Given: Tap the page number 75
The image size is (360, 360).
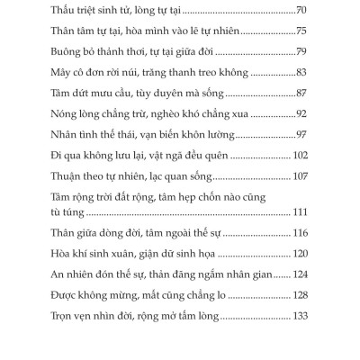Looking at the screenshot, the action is (302, 31).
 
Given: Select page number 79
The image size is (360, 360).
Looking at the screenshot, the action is (302, 52).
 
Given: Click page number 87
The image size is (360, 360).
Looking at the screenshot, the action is (302, 94).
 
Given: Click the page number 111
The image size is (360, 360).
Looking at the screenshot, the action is (300, 211).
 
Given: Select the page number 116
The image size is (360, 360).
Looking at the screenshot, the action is (300, 233).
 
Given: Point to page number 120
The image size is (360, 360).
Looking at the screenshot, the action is (300, 254).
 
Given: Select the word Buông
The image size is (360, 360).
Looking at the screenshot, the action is (82, 52).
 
